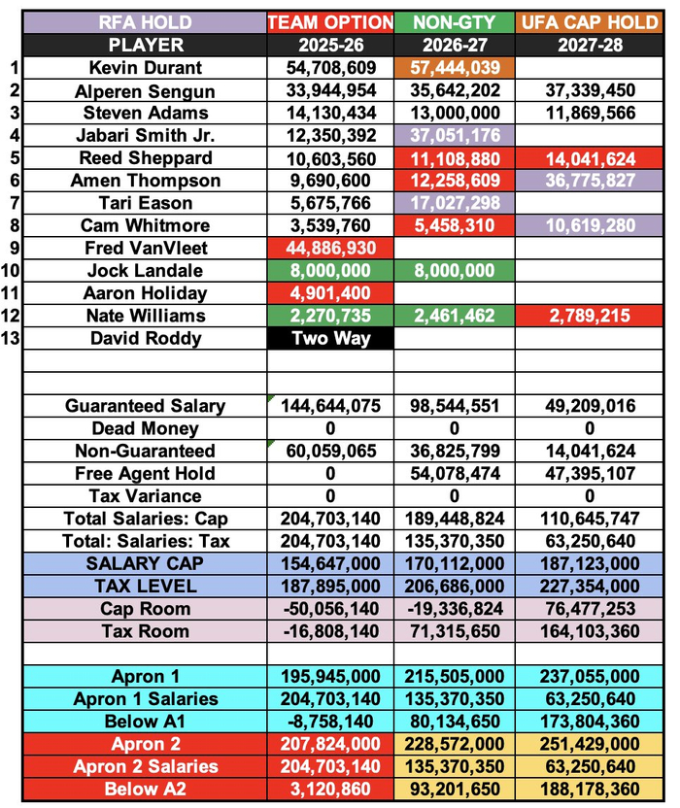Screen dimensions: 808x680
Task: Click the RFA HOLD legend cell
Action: (x=145, y=22)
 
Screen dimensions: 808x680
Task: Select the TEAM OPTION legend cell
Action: (x=330, y=22)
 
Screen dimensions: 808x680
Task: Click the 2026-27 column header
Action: (x=455, y=45)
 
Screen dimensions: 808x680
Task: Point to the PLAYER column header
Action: (x=145, y=45)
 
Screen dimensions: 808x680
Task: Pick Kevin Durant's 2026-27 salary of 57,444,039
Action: (x=455, y=68)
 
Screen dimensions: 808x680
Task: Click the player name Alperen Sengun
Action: (x=145, y=91)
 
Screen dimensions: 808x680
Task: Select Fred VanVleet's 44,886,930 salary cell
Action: (x=330, y=249)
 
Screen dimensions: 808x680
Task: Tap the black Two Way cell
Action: (x=330, y=339)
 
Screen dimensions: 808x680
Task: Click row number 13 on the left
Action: (x=11, y=339)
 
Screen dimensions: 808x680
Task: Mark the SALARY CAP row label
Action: (x=145, y=563)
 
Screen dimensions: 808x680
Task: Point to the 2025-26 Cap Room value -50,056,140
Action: (x=330, y=609)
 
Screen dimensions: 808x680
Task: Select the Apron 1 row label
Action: (x=145, y=676)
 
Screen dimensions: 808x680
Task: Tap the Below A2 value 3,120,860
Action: (x=330, y=789)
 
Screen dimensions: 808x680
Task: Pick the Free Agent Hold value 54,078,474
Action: (x=455, y=474)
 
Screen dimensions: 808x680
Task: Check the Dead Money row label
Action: (x=145, y=428)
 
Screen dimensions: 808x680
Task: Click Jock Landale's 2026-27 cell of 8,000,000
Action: (x=455, y=271)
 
